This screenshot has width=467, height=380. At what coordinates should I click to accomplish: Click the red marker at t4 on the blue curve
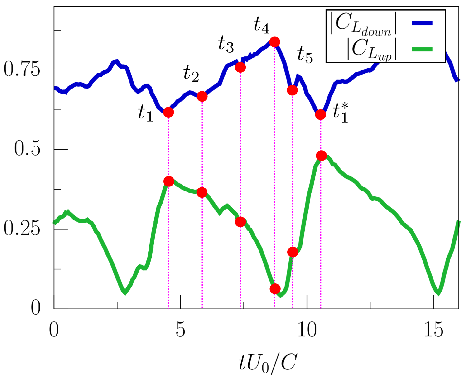(275, 42)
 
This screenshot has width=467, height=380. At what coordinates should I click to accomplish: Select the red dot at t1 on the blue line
(168, 112)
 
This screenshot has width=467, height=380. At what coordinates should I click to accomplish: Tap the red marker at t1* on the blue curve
(321, 114)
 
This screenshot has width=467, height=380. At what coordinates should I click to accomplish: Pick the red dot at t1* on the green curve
(321, 156)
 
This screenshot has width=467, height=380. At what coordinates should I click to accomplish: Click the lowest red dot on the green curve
(275, 289)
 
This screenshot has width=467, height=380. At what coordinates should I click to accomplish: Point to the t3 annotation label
(226, 45)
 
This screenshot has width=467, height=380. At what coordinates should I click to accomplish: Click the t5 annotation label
(305, 55)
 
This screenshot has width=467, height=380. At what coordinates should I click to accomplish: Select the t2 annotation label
(191, 74)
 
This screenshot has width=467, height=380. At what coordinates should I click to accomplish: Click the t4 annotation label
(261, 25)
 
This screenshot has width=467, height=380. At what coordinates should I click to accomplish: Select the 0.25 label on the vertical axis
(22, 229)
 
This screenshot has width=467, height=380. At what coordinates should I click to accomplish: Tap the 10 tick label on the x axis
(307, 330)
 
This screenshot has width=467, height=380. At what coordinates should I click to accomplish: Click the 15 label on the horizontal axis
(433, 330)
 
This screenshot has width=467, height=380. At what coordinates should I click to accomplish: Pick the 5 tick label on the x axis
(181, 330)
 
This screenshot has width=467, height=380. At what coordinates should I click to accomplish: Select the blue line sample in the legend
(422, 23)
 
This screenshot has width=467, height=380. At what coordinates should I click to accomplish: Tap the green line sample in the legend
(422, 49)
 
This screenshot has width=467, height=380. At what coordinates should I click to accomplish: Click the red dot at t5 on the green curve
(293, 252)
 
